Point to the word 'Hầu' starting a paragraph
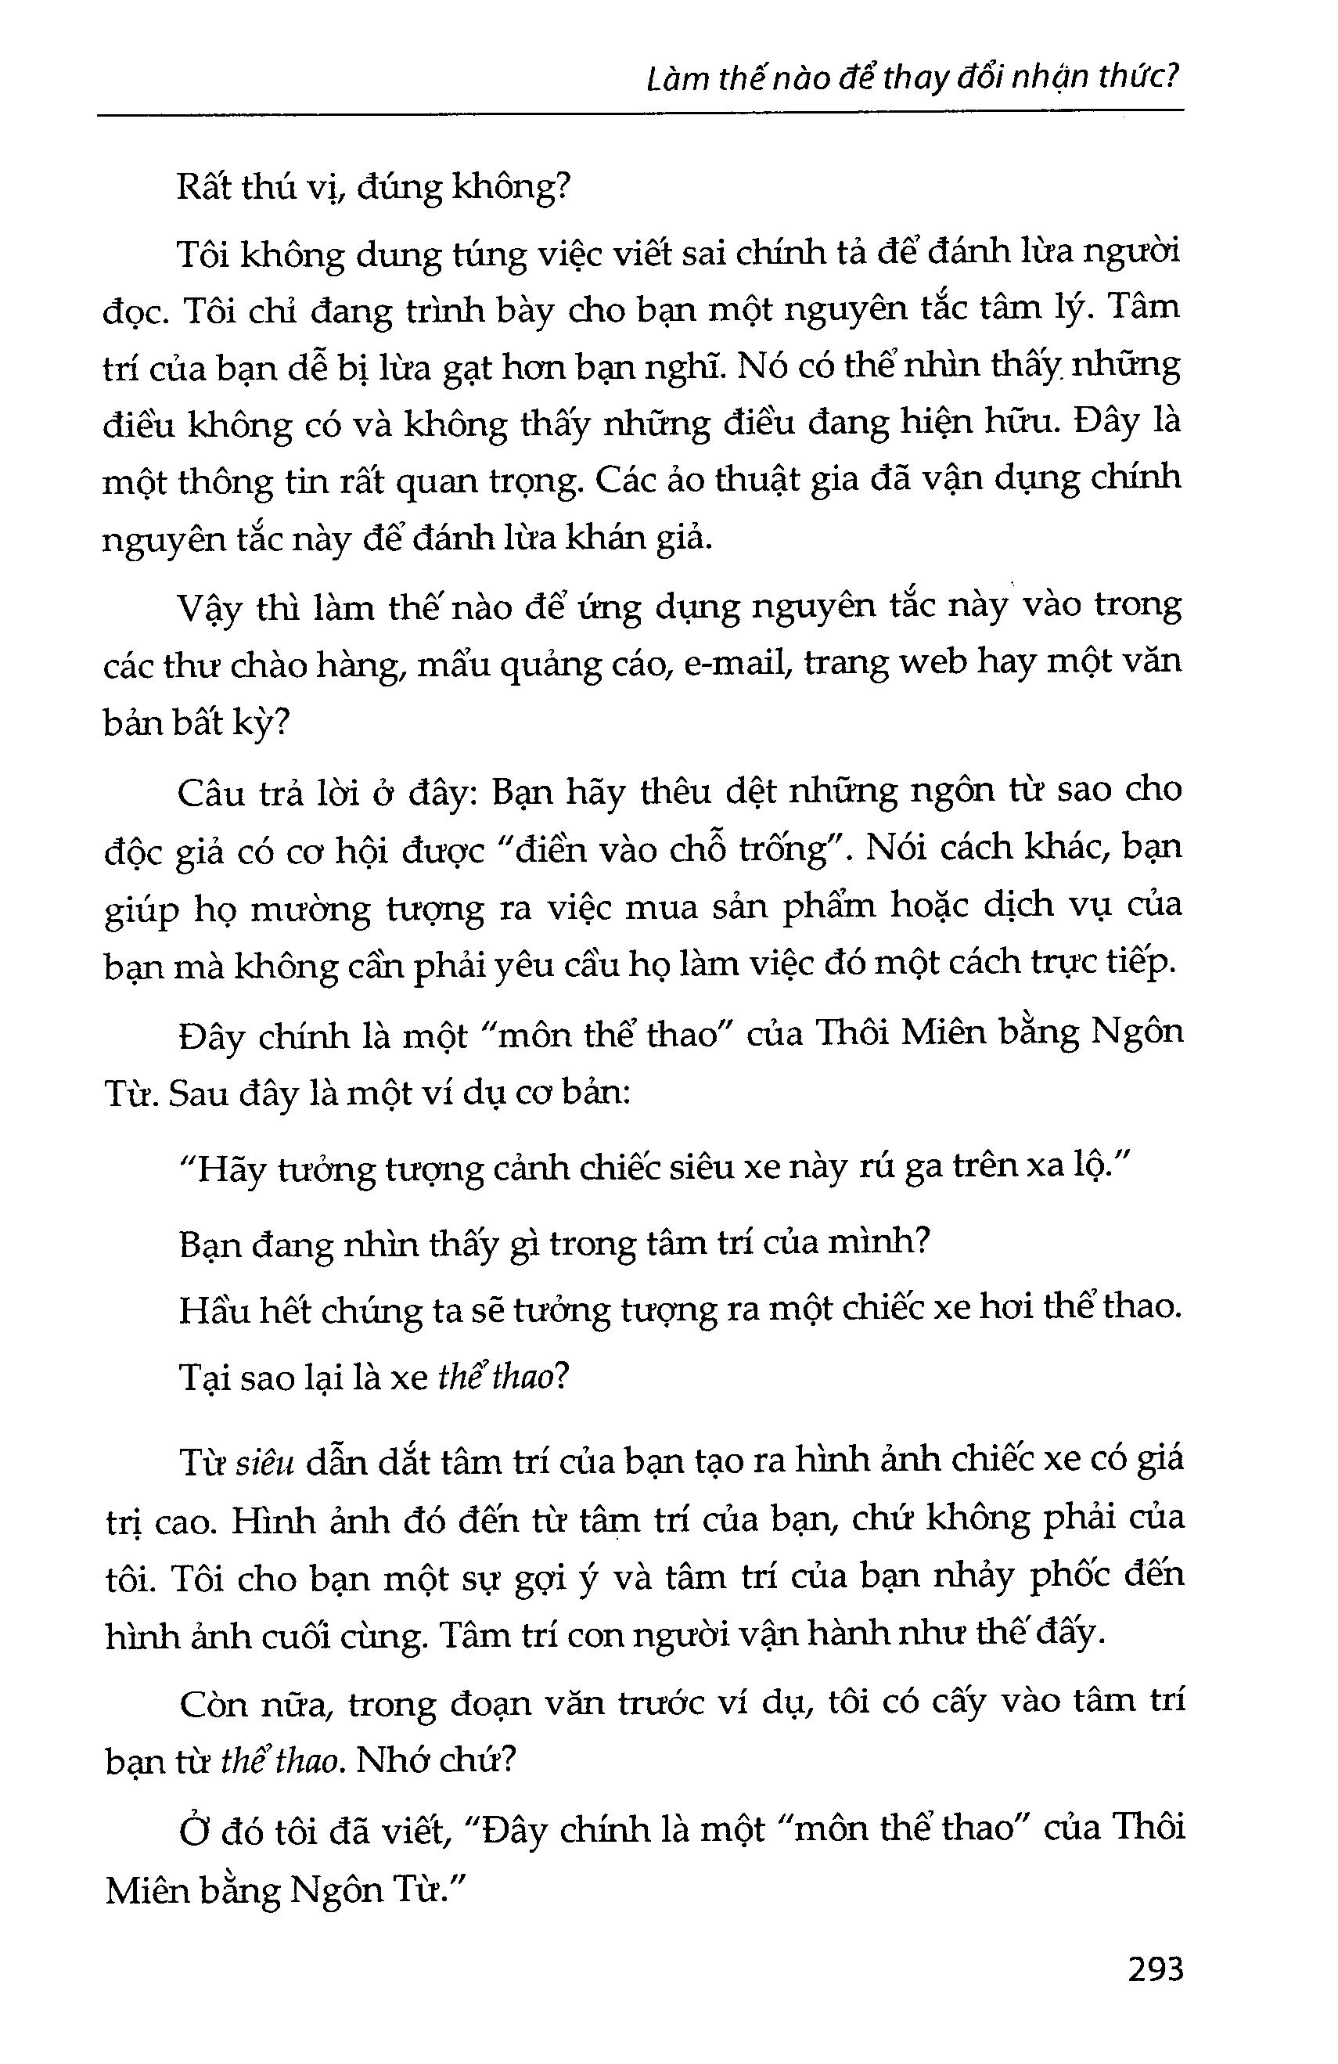pos(213,1309)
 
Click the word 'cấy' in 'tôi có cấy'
pos(959,1703)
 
